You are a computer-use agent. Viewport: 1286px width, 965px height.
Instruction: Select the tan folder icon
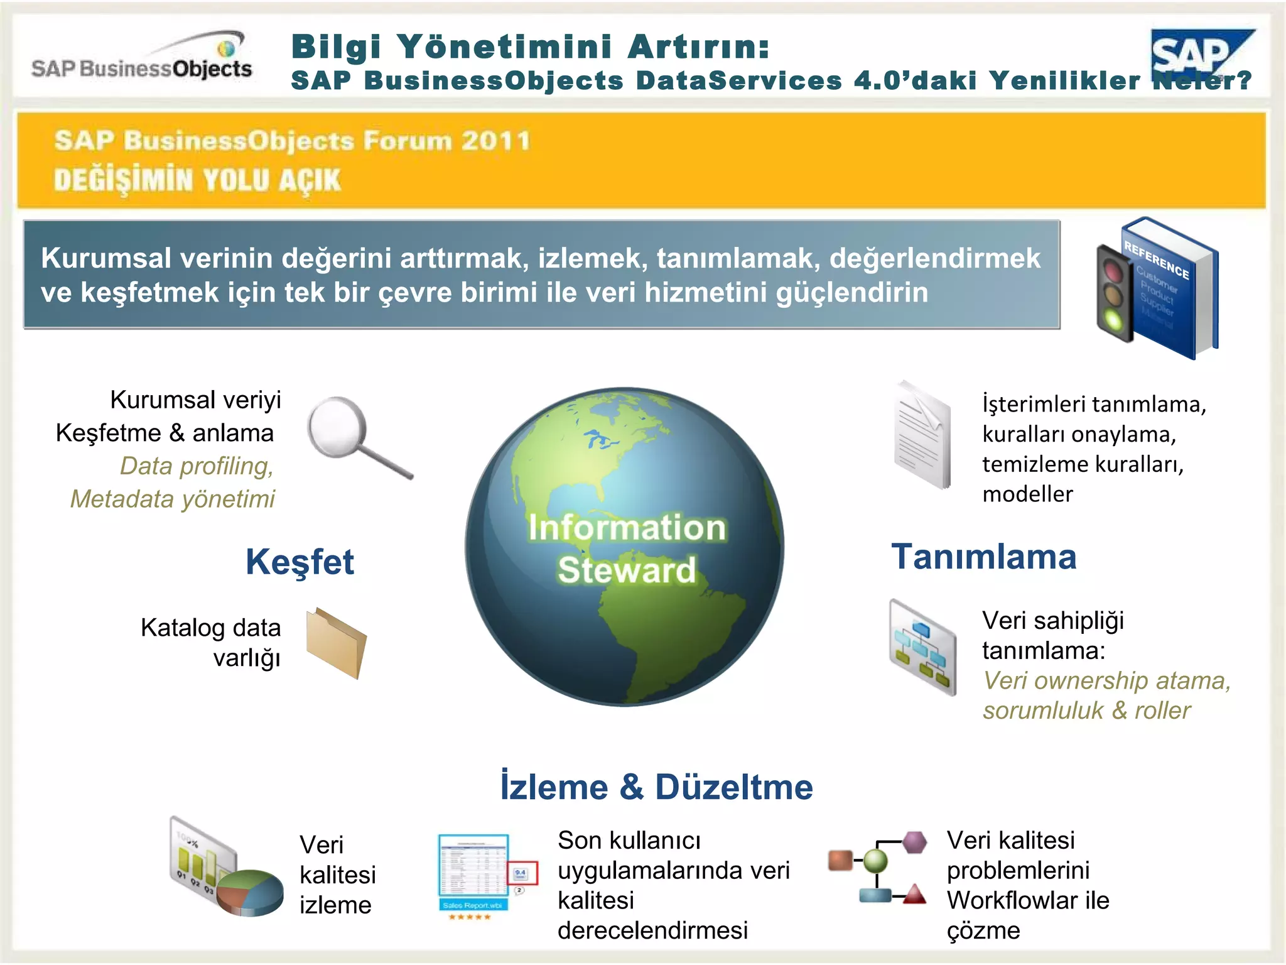(x=336, y=642)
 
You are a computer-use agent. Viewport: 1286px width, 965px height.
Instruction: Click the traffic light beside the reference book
(x=1115, y=292)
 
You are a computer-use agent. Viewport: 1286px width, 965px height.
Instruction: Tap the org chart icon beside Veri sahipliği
(x=922, y=647)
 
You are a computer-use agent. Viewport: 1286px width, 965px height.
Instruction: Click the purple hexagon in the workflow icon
(x=914, y=842)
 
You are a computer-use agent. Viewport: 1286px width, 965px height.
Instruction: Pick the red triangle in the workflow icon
(x=914, y=893)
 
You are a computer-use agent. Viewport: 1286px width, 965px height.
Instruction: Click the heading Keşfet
(x=300, y=561)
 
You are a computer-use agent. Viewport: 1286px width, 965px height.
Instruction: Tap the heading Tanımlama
(x=983, y=557)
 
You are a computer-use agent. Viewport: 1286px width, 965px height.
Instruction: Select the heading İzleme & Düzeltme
(x=656, y=787)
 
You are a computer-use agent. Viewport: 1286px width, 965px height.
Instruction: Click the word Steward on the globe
(x=627, y=569)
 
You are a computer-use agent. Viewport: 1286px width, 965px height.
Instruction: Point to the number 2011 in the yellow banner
(x=495, y=141)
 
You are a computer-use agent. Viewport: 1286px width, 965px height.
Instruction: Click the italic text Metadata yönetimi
(x=173, y=499)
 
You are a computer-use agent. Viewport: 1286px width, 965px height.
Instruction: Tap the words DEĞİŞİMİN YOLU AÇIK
(x=197, y=180)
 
